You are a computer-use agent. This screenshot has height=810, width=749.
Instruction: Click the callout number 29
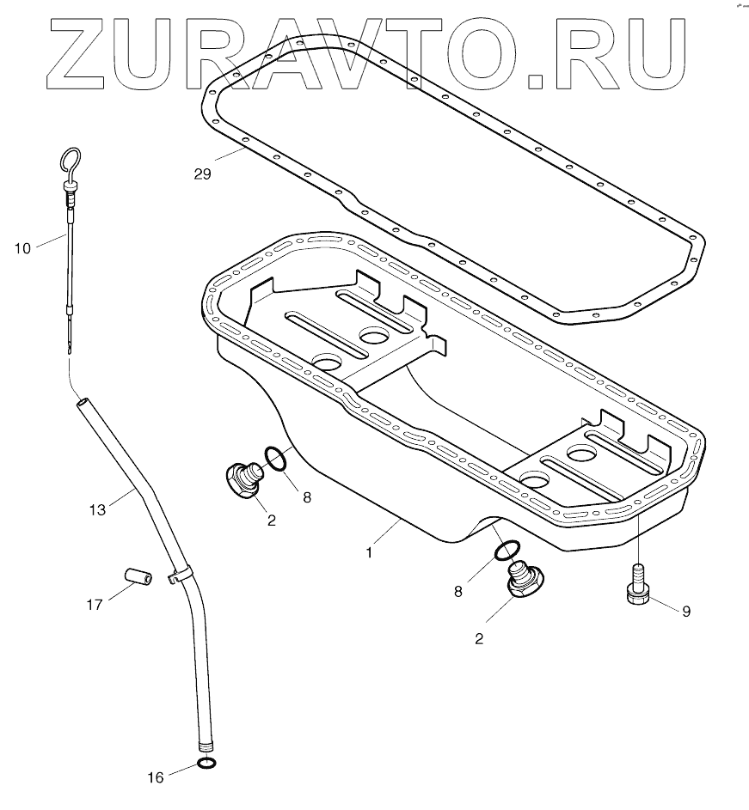[x=202, y=174]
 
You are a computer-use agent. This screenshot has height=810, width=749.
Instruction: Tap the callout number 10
[x=22, y=248]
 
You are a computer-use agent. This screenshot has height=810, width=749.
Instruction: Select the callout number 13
[x=96, y=509]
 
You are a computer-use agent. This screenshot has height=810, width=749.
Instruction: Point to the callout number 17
[x=94, y=605]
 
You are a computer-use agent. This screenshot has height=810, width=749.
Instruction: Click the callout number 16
[x=156, y=778]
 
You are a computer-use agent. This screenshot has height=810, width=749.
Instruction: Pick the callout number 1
[x=370, y=552]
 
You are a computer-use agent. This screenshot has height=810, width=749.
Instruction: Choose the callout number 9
[x=685, y=612]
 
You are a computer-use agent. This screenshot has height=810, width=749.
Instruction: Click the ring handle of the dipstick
[x=71, y=160]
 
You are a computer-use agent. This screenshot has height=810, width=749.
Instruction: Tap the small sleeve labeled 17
[x=138, y=576]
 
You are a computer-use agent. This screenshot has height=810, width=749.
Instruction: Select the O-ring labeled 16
[x=206, y=764]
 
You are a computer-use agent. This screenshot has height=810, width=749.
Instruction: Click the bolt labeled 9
[x=637, y=588]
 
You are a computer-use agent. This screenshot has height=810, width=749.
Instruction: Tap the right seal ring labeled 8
[x=506, y=551]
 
